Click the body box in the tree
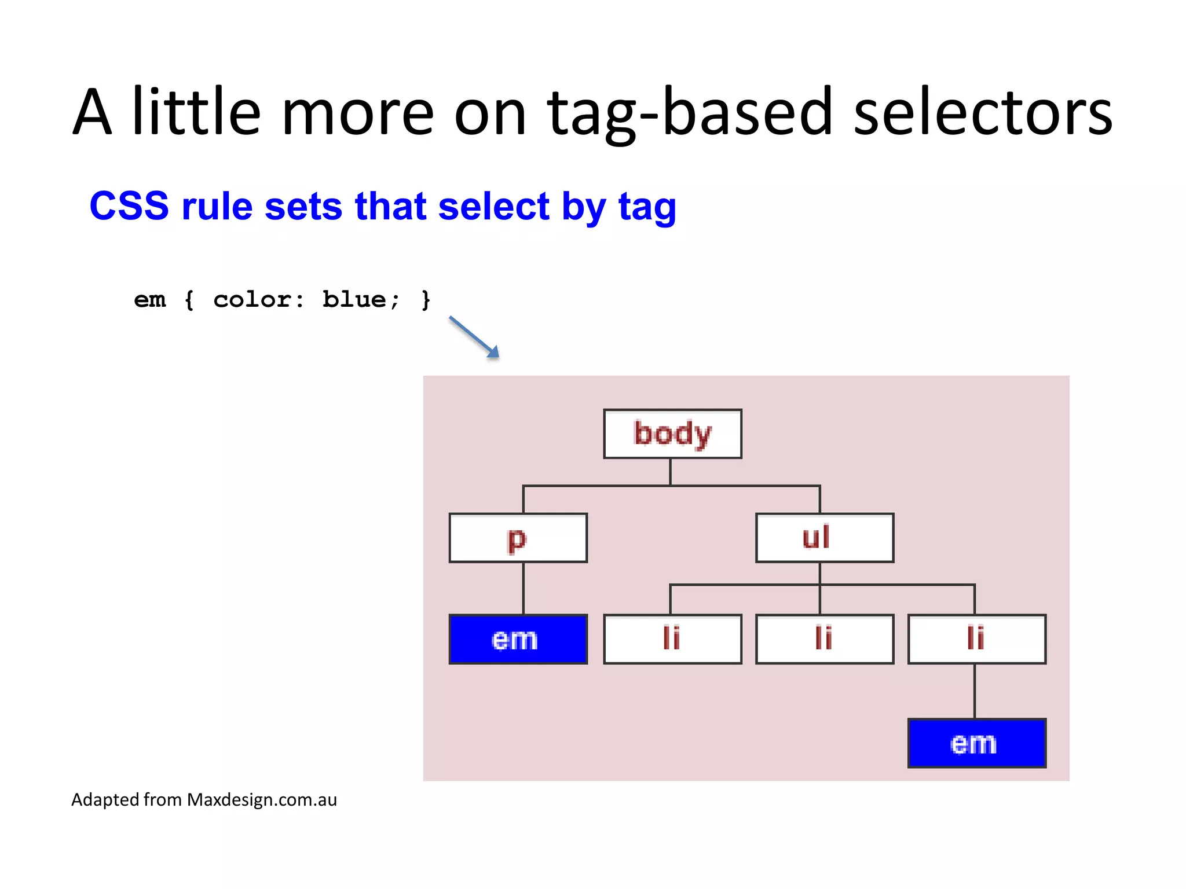[x=672, y=434]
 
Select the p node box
[x=518, y=538]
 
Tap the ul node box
[x=824, y=538]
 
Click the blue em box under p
[x=518, y=639]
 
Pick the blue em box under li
[x=976, y=743]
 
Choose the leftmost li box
[x=672, y=639]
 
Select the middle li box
[x=824, y=639]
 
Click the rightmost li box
[x=976, y=639]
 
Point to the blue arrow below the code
[x=474, y=337]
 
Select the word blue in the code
[x=354, y=300]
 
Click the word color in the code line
[x=252, y=300]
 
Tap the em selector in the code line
[x=150, y=300]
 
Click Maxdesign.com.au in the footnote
[x=262, y=799]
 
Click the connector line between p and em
[x=524, y=588]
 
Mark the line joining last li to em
[x=975, y=691]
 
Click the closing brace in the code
[x=426, y=300]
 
